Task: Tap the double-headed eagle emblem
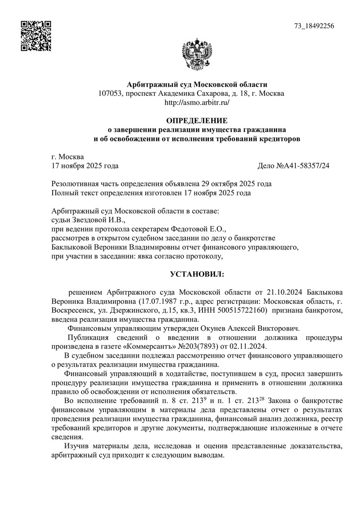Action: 197,55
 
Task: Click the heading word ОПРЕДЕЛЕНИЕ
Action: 197,121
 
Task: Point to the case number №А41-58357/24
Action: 300,166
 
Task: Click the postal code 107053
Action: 111,93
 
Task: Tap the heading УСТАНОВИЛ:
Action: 197,274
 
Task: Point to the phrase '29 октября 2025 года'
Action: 239,184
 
